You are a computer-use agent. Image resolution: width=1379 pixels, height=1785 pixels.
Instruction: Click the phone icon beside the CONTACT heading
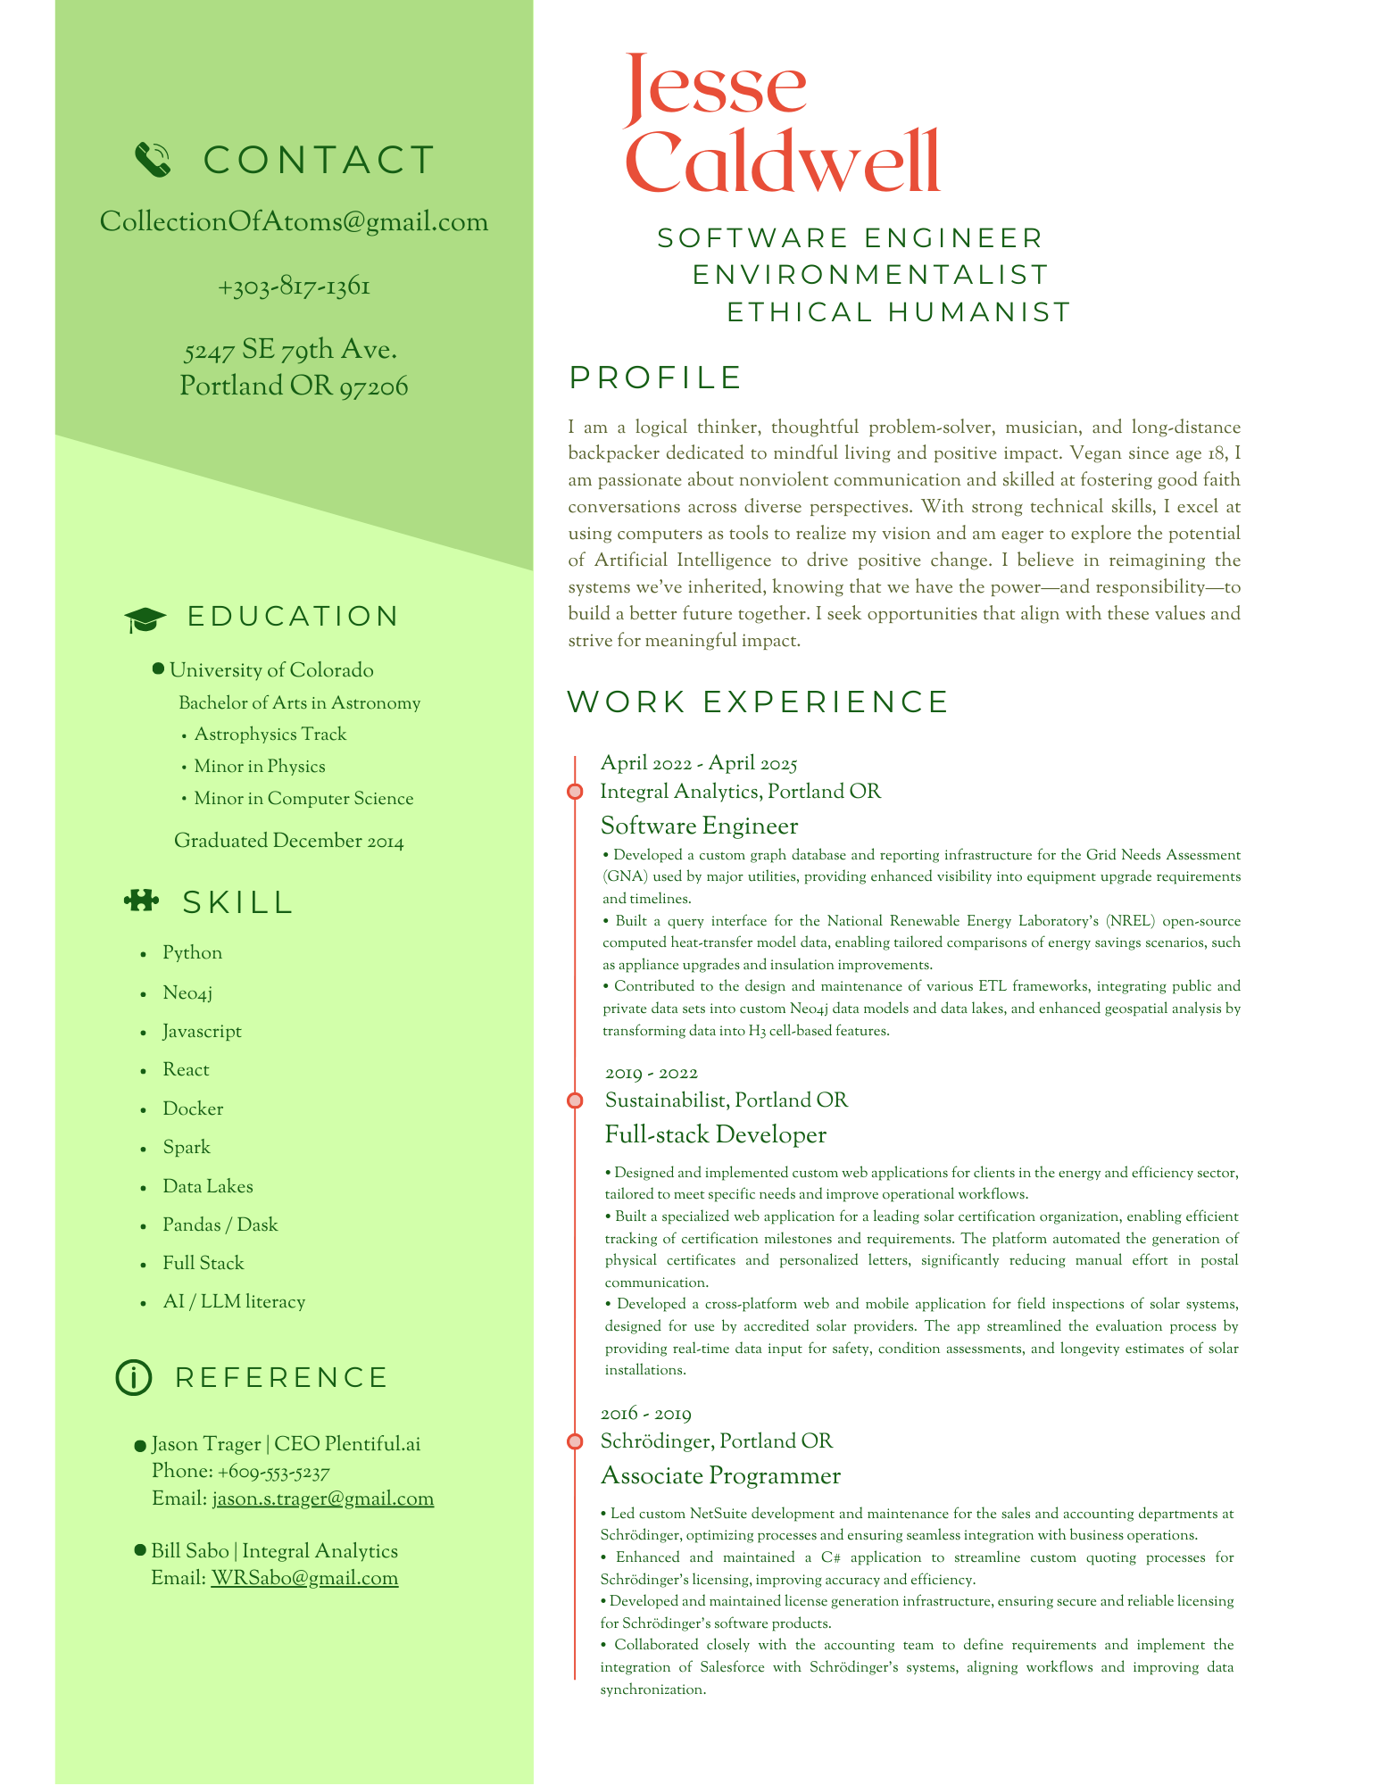click(x=153, y=160)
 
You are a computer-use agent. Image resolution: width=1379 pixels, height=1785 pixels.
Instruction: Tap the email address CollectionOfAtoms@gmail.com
click(x=294, y=221)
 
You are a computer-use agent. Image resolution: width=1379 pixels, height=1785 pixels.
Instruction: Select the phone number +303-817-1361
click(x=294, y=286)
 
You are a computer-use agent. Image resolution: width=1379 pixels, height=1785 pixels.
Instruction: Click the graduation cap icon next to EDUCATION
click(x=145, y=619)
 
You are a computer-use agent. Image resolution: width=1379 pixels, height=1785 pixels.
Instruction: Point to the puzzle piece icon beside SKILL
click(x=141, y=901)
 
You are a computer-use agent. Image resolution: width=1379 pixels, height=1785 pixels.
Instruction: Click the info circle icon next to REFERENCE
click(x=134, y=1377)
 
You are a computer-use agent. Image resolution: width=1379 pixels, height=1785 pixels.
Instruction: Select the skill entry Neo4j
click(x=187, y=992)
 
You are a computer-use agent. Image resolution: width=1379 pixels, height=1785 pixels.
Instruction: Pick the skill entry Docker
click(x=193, y=1108)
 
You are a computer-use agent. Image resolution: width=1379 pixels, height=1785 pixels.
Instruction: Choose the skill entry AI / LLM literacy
click(x=234, y=1301)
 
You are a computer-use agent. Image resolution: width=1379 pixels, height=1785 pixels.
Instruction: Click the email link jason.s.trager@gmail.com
click(x=322, y=1498)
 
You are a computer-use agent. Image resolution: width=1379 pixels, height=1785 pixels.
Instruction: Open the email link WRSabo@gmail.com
click(x=304, y=1577)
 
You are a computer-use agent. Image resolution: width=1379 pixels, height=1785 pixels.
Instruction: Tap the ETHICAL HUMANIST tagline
click(x=898, y=312)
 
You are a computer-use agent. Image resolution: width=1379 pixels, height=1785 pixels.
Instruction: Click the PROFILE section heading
click(x=655, y=378)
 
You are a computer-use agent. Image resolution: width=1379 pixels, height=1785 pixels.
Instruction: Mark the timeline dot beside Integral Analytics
click(x=575, y=792)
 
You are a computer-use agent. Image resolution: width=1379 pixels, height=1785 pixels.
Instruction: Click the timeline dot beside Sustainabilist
click(x=575, y=1100)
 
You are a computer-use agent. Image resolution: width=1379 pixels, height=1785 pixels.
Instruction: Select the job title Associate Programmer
click(x=720, y=1475)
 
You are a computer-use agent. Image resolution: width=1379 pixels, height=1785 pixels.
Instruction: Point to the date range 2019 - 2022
click(x=652, y=1072)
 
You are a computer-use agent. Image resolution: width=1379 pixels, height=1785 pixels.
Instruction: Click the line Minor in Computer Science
click(x=303, y=798)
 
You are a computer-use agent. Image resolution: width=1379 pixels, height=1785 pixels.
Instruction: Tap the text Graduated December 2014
click(x=288, y=841)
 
